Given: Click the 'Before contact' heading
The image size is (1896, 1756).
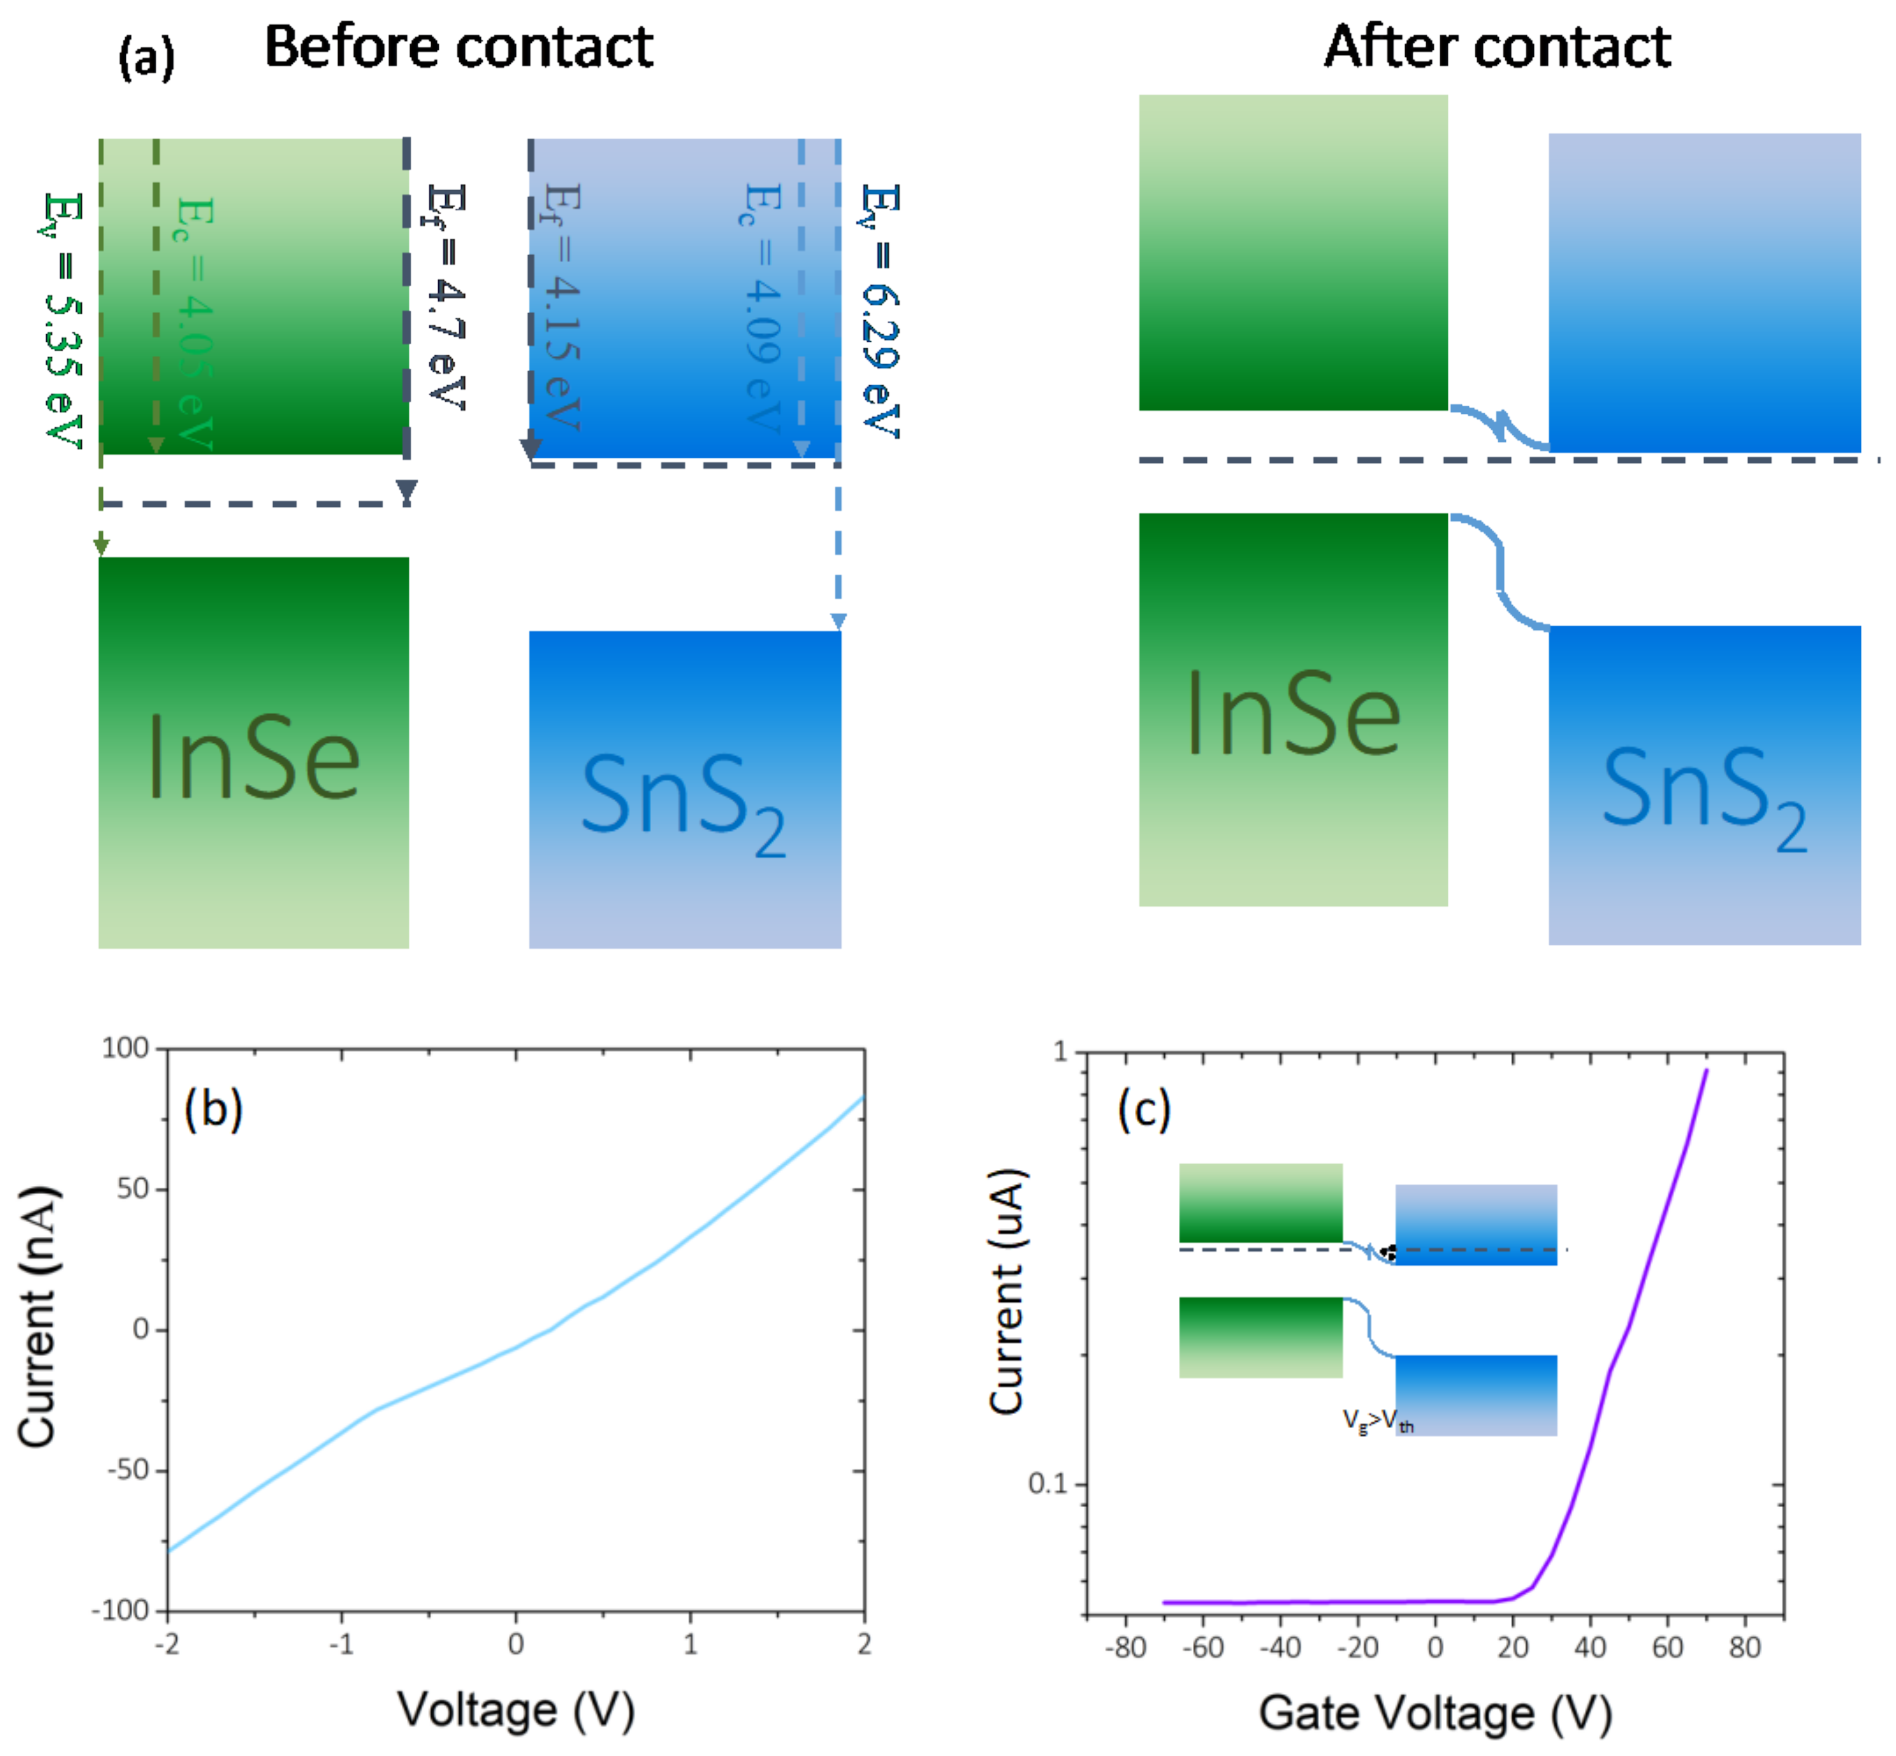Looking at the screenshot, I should coord(458,47).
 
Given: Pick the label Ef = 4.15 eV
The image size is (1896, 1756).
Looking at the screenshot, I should coord(562,306).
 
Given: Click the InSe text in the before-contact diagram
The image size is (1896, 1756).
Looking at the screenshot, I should coord(254,758).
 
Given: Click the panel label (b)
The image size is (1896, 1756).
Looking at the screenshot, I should coord(213,1109).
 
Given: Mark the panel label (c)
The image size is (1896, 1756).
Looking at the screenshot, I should coord(1144,1109).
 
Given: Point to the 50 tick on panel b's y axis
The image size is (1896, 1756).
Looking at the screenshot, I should coord(133,1189).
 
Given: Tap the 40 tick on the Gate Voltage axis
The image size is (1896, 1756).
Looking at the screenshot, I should coord(1589,1647).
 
